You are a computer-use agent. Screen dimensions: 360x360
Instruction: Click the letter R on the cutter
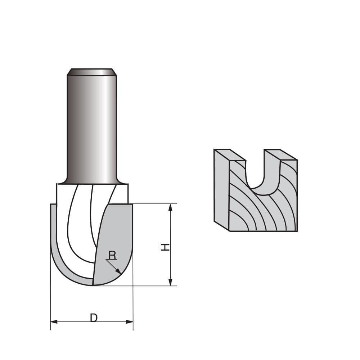click(x=112, y=255)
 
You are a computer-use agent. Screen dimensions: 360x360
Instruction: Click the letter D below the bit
click(x=94, y=318)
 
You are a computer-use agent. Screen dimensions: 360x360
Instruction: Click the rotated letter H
click(x=165, y=247)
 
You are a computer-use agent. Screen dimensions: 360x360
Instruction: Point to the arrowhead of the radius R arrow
click(x=119, y=272)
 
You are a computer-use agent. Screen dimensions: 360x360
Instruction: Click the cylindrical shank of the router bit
click(x=92, y=126)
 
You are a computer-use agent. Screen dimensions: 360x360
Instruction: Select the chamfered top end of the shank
click(x=92, y=72)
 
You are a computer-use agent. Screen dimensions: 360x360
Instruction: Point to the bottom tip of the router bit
click(x=93, y=285)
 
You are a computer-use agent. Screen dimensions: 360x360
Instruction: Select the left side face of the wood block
click(x=221, y=189)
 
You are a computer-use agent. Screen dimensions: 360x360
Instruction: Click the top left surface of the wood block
click(x=230, y=154)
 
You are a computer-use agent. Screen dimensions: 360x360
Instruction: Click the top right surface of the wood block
click(x=280, y=154)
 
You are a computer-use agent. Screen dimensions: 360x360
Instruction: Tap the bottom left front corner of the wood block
click(x=229, y=231)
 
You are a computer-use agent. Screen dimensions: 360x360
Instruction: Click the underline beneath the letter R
click(x=112, y=260)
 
